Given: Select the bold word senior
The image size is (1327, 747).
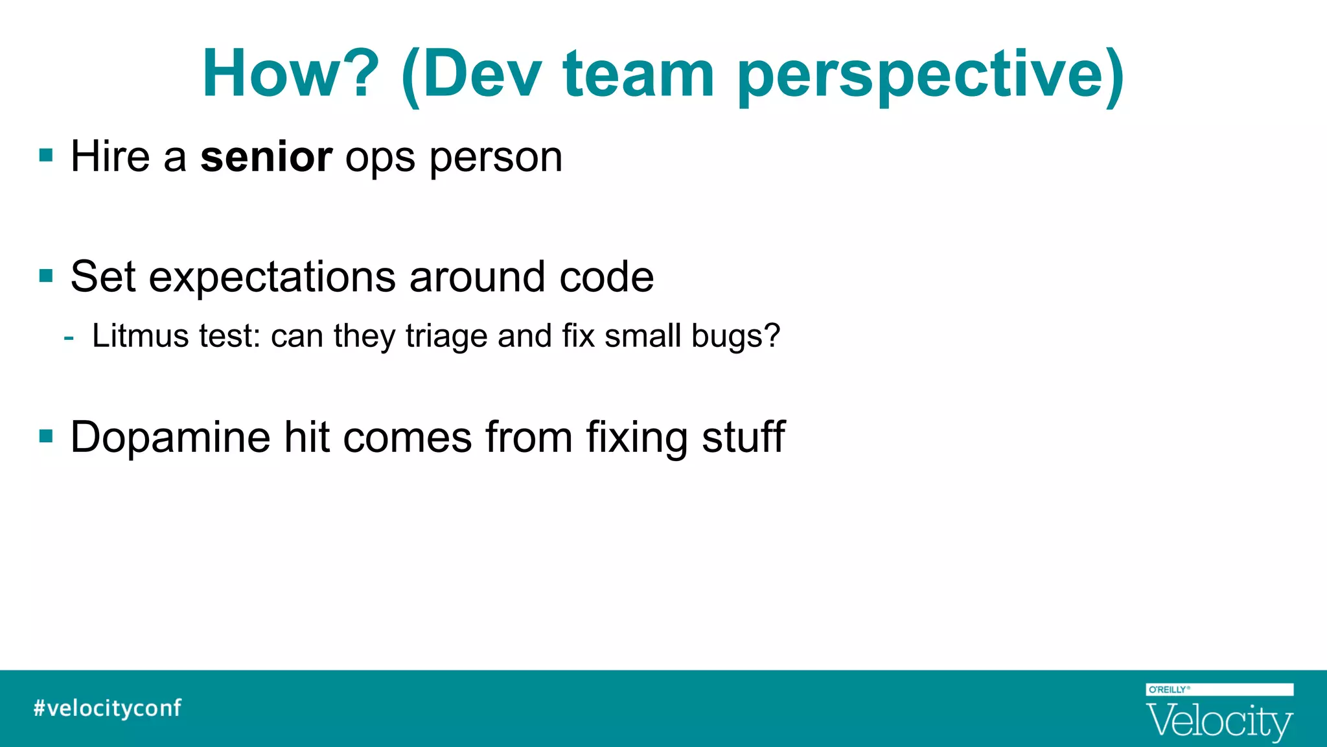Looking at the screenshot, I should (x=266, y=157).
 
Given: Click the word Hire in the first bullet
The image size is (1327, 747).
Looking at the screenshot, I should (x=110, y=157).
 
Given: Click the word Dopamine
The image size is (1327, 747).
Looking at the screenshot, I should (x=170, y=438).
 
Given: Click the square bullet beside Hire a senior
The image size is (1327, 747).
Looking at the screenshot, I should (x=46, y=156).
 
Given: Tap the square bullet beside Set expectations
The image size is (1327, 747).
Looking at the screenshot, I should (x=46, y=276).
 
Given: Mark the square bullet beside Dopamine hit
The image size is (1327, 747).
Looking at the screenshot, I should (x=46, y=436).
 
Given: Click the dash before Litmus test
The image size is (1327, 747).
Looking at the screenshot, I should (x=69, y=338).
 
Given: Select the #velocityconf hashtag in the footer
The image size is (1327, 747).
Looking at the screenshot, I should (x=108, y=707).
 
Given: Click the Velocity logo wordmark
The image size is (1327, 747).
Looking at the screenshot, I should (x=1219, y=721).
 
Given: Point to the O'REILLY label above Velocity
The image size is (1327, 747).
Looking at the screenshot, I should (x=1168, y=689).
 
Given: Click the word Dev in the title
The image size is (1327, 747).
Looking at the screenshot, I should (x=481, y=74).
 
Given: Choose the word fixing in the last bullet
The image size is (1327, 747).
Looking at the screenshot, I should (x=637, y=438).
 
